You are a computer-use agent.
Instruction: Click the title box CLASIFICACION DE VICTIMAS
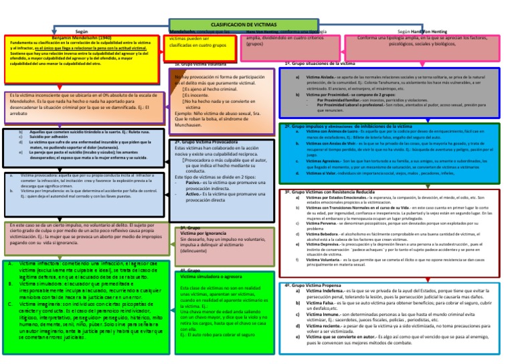pyautogui.click(x=247, y=24)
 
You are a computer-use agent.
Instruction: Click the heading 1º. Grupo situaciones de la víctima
pyautogui.click(x=322, y=63)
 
